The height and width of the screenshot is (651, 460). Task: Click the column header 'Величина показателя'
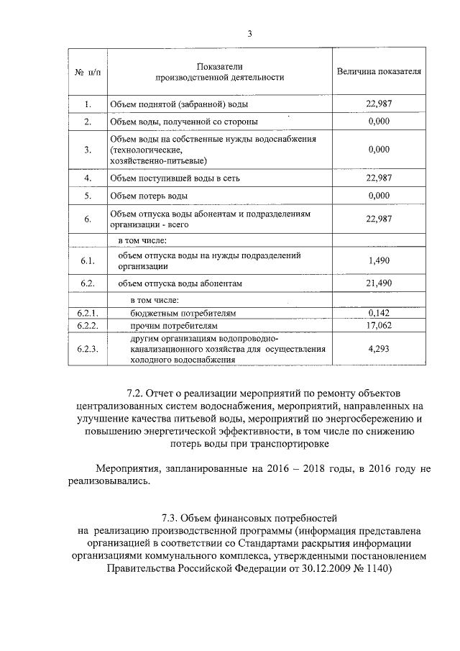coord(379,73)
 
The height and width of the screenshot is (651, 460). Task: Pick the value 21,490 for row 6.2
coord(379,283)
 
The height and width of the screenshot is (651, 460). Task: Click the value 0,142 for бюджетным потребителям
coord(379,313)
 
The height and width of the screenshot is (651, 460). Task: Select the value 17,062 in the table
coord(379,325)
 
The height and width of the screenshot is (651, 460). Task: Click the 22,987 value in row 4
coord(379,177)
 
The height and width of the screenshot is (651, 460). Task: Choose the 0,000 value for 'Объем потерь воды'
coord(379,195)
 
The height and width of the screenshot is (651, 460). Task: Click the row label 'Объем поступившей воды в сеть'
coord(175,177)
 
